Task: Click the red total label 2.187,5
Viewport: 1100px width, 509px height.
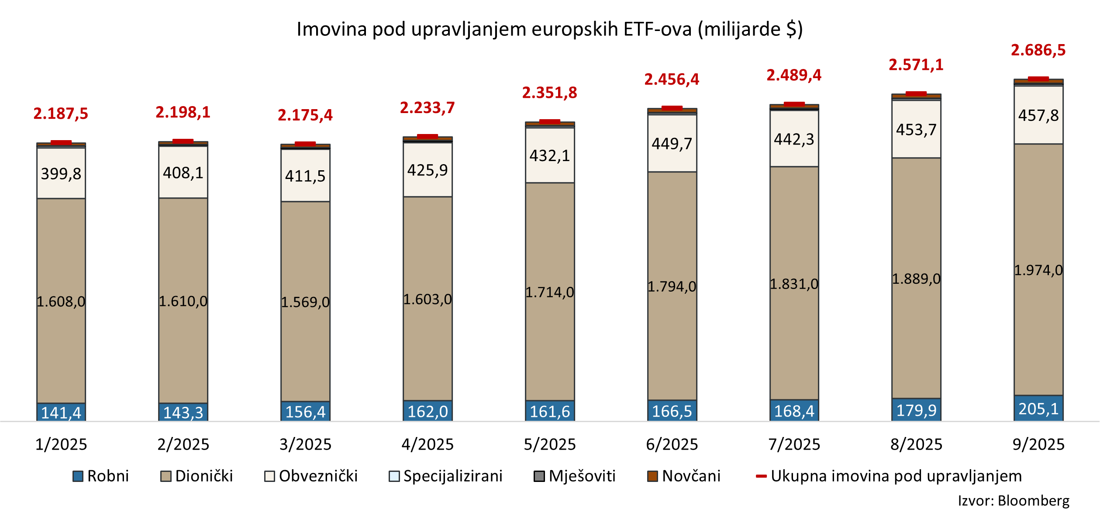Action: [x=61, y=114]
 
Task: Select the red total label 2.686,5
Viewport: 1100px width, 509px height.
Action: [x=1038, y=51]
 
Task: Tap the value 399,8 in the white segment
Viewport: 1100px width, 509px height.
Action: [x=61, y=174]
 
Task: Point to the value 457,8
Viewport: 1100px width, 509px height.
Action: [x=1038, y=116]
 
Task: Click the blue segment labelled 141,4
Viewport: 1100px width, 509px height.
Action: [x=61, y=412]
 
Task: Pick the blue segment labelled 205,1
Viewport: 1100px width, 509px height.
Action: [x=1038, y=409]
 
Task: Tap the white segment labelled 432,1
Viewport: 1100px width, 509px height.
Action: [x=550, y=155]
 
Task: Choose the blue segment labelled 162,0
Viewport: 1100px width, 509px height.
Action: [x=428, y=411]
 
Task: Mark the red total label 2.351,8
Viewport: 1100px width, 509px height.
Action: [x=550, y=93]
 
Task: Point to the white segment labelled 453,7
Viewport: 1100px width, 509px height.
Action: [x=916, y=130]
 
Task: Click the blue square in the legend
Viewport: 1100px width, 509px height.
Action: [x=78, y=476]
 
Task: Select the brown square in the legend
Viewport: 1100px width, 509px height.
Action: [x=652, y=476]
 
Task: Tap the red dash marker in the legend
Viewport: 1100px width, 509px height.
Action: [x=762, y=476]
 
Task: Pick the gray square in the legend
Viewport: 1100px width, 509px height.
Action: [x=539, y=476]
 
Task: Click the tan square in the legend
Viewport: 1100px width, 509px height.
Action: [x=166, y=476]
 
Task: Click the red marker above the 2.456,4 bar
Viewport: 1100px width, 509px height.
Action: [x=672, y=108]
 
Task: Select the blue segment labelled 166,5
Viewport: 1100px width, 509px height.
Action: [x=672, y=411]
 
